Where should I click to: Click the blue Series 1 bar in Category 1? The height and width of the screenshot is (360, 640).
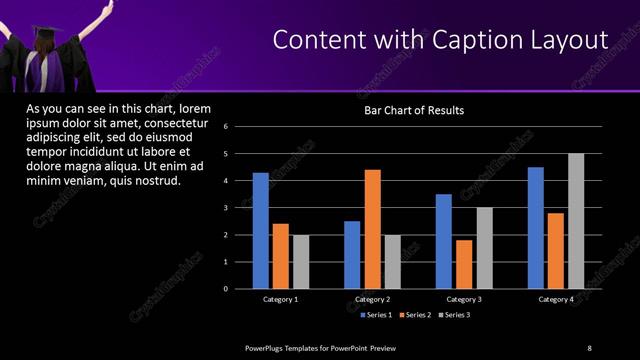coord(260,231)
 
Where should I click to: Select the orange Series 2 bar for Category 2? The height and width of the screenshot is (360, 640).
coord(372,229)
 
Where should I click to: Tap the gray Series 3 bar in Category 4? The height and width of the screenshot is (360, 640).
coord(576,221)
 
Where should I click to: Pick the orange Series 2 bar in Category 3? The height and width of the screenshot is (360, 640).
coord(464,264)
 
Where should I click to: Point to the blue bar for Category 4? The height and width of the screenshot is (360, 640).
coord(536,228)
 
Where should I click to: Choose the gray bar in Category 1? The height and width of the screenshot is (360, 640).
coord(301,262)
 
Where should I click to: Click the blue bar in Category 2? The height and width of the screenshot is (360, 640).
coord(352,255)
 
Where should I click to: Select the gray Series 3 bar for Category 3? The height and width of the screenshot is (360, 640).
coord(484,248)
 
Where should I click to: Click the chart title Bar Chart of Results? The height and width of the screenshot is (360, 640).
coord(413,111)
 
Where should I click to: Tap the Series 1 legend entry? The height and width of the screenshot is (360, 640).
coord(375,315)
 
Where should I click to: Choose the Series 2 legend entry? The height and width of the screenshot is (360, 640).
coord(414,315)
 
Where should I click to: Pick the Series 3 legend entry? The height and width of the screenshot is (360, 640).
coord(453,315)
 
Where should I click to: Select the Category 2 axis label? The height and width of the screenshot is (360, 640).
coord(372,299)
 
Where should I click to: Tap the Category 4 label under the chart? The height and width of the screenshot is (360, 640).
coord(557,299)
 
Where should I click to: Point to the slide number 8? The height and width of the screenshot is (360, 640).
coord(589,347)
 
